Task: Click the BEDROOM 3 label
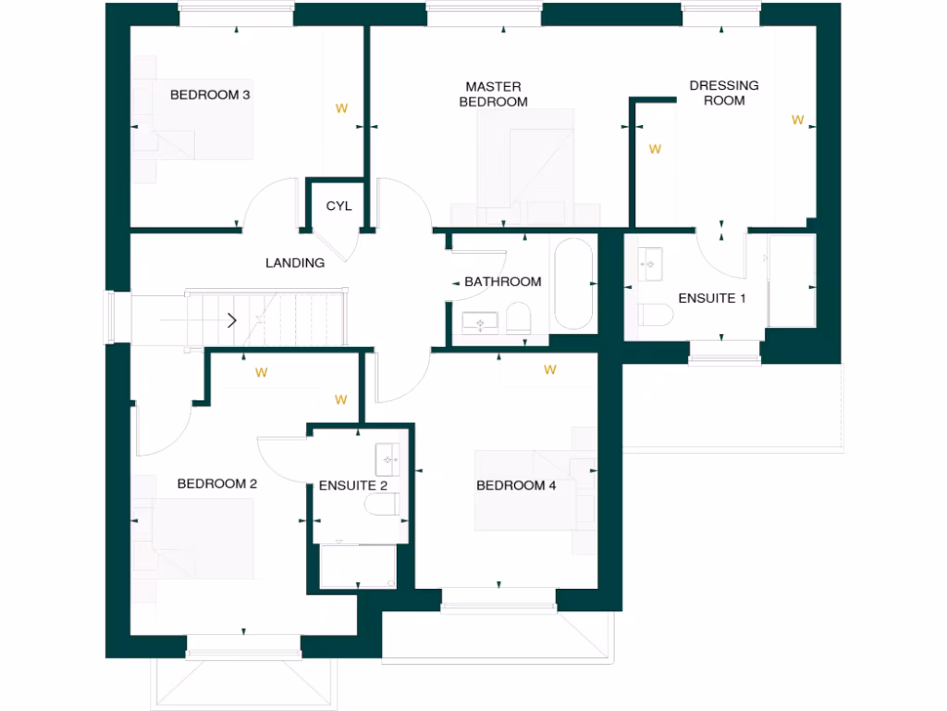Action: point(210,94)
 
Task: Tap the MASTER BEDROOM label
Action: point(494,94)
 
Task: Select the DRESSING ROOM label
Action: point(724,93)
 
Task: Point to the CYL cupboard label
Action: point(338,206)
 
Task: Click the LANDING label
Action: point(295,263)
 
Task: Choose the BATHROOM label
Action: point(503,281)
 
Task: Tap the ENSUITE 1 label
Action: point(711,298)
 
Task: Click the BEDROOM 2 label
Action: point(216,483)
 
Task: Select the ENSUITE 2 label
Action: point(352,485)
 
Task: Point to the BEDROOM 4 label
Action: point(516,485)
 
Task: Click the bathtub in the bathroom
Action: point(573,284)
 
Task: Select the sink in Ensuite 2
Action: point(387,457)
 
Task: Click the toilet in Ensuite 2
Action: point(382,505)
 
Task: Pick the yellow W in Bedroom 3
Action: point(341,108)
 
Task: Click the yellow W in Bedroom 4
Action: point(550,370)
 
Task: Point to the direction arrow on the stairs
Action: point(231,320)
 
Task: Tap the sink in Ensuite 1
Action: point(650,264)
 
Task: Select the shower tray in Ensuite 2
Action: point(356,566)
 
